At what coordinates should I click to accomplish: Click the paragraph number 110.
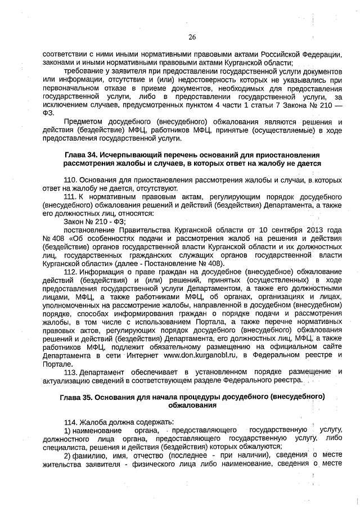pyautogui.click(x=70, y=179)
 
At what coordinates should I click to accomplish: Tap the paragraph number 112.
pyautogui.click(x=70, y=272)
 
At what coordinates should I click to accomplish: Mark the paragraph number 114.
pyautogui.click(x=70, y=422)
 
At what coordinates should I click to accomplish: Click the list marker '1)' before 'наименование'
pyautogui.click(x=67, y=430)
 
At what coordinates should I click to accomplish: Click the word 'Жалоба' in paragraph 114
pyautogui.click(x=91, y=422)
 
